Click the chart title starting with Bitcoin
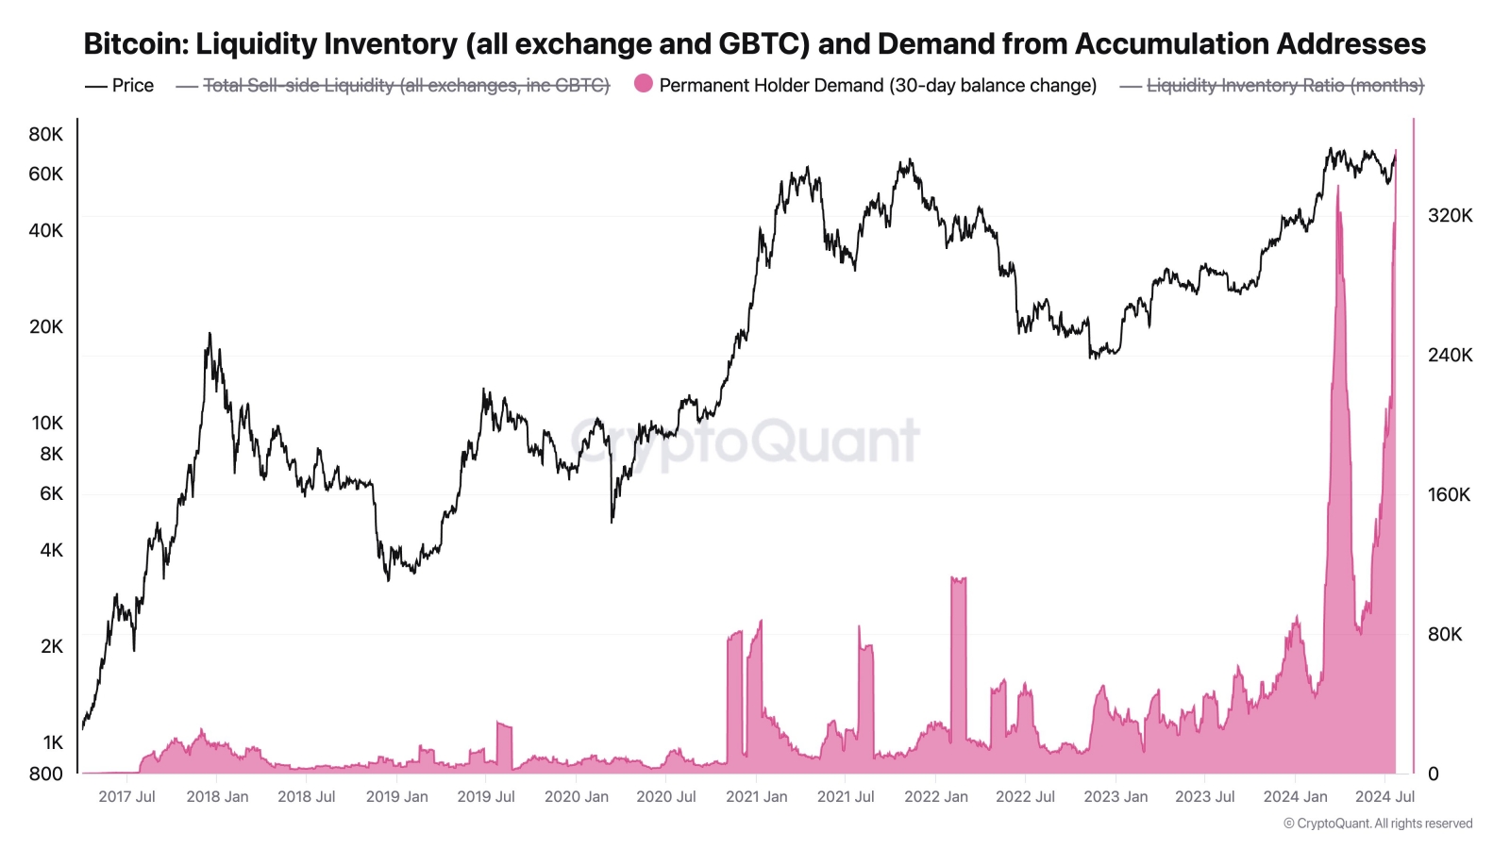[754, 43]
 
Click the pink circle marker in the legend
[644, 84]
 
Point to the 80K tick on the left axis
[45, 134]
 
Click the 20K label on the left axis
[45, 326]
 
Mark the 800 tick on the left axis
[45, 774]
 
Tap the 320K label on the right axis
[1450, 215]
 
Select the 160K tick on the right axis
[1450, 494]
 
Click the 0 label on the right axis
[1433, 774]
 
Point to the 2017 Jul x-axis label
[126, 796]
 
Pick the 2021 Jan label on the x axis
[756, 796]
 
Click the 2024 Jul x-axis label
[1384, 796]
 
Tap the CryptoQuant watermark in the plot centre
[746, 441]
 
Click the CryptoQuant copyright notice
[1377, 824]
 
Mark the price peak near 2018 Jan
[209, 334]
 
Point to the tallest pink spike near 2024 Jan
[1337, 189]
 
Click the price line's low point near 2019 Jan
[388, 579]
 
